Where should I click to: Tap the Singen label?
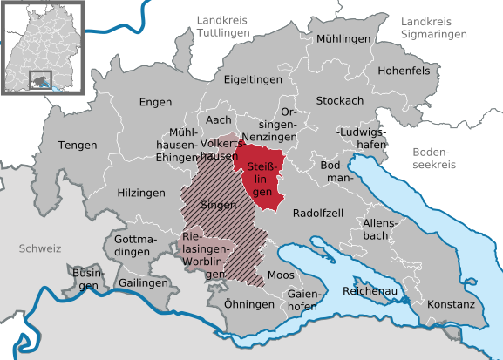coord(218,206)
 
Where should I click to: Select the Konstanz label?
coord(451,305)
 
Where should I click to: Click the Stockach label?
coord(339,100)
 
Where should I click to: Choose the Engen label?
coord(155,103)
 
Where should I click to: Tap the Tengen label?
coord(78,145)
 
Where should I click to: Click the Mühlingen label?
coord(343,39)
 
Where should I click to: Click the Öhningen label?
coord(248,304)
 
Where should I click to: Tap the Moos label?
coord(281,275)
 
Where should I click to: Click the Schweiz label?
coord(39,249)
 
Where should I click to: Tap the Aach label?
coord(218,119)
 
